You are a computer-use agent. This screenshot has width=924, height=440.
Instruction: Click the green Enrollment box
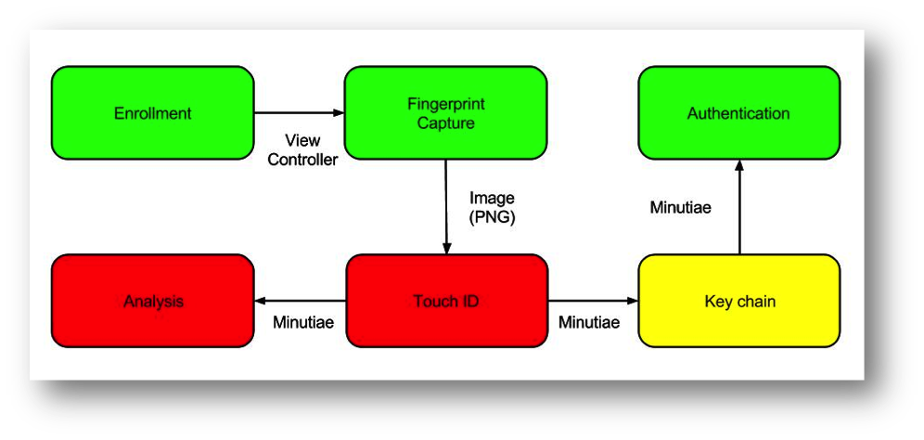click(152, 113)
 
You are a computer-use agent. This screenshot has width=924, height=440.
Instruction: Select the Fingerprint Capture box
click(445, 113)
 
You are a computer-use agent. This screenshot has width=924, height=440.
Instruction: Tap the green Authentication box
click(738, 113)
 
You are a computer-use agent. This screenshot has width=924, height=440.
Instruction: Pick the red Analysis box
click(152, 301)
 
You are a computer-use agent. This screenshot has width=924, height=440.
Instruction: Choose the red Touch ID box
click(445, 301)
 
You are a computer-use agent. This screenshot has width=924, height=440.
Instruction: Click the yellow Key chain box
click(738, 301)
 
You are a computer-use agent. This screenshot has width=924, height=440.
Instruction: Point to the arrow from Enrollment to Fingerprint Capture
click(299, 113)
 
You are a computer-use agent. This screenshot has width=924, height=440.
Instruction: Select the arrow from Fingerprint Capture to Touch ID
click(446, 206)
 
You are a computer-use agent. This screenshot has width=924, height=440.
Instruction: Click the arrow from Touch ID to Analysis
click(300, 301)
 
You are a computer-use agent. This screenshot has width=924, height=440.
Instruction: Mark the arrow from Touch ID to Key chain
click(593, 301)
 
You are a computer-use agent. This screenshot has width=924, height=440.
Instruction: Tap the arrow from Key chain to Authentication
click(739, 206)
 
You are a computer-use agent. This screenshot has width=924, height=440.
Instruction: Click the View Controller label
click(302, 149)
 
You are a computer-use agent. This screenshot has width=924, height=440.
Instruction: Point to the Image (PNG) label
click(492, 207)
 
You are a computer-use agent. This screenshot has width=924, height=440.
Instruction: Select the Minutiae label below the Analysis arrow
click(303, 323)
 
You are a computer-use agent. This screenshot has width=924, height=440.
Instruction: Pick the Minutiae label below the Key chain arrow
click(588, 323)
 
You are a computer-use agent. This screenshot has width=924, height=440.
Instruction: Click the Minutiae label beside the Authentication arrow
click(680, 207)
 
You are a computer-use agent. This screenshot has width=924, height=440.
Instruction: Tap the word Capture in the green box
click(445, 123)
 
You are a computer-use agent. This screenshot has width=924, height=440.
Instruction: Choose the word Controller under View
click(302, 159)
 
